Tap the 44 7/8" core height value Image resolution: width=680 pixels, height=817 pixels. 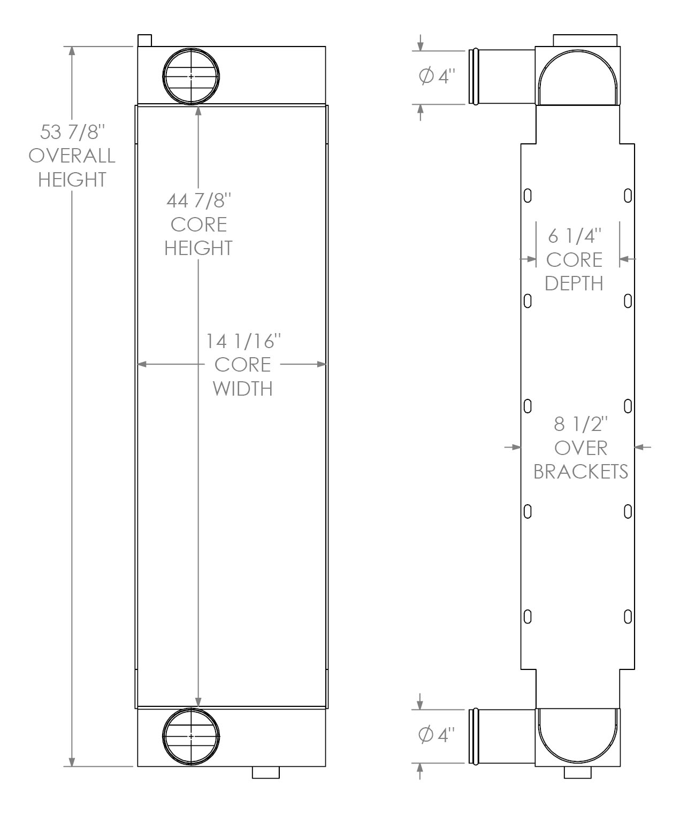point(198,201)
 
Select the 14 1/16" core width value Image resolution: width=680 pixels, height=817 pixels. point(243,341)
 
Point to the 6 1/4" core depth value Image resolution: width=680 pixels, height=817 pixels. point(575,235)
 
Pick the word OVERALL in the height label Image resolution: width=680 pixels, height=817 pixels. point(72,156)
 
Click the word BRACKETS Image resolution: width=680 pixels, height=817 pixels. point(581,471)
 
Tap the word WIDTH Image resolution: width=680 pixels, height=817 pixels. point(243,388)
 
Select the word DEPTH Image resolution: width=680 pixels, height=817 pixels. point(574,283)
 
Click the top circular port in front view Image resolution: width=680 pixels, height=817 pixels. point(191,76)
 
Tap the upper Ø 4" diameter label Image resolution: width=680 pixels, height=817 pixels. point(437,76)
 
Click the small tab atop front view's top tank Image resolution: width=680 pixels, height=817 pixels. point(144,41)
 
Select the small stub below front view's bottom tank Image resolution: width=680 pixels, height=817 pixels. point(265,773)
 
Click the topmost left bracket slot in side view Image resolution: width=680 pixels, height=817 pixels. point(528,196)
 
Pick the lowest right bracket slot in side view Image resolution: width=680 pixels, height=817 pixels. point(628,616)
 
